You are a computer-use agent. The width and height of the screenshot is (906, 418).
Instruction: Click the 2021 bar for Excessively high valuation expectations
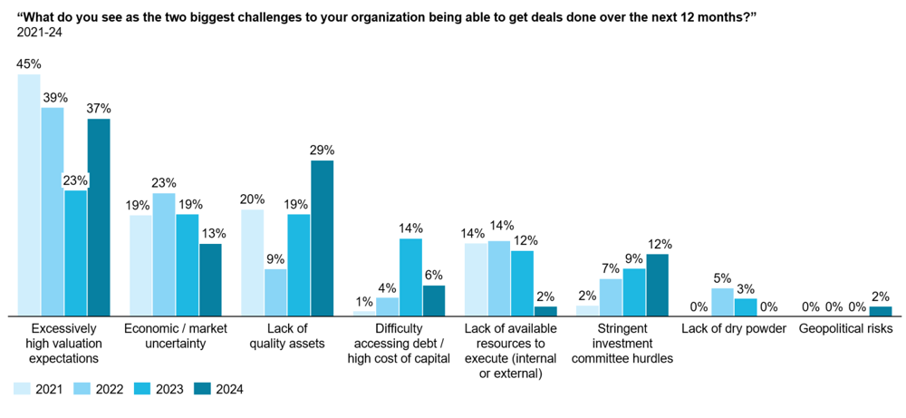(29, 195)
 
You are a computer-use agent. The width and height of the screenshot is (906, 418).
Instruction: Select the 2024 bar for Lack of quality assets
(322, 238)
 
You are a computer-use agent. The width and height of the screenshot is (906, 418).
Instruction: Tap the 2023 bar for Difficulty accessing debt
(410, 277)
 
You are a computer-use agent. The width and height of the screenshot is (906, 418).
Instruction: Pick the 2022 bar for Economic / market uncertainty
(164, 254)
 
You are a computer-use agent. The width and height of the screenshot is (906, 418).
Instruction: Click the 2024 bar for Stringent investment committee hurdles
(657, 284)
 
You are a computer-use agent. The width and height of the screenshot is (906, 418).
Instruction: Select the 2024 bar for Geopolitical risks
(880, 311)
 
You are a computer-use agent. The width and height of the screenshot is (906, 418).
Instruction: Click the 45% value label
(29, 64)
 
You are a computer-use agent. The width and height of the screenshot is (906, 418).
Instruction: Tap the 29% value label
(323, 151)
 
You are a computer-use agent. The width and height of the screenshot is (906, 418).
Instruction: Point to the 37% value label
(99, 109)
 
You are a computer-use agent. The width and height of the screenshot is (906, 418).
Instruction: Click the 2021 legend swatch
(21, 389)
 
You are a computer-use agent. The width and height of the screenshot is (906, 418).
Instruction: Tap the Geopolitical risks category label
(845, 328)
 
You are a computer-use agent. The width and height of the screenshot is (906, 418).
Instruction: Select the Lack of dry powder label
(734, 328)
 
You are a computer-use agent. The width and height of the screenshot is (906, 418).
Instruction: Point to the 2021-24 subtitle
(37, 32)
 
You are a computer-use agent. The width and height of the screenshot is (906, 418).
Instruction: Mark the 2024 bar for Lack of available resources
(545, 311)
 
